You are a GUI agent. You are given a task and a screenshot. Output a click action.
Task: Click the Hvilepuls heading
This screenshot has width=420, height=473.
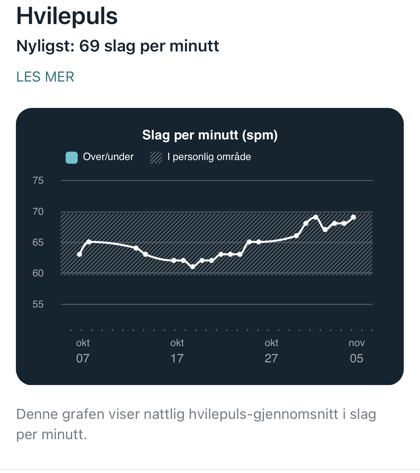[x=67, y=16]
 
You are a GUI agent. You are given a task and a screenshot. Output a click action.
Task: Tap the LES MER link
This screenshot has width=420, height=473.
[x=45, y=77]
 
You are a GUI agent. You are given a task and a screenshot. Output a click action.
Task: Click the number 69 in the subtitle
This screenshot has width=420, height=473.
[x=89, y=46]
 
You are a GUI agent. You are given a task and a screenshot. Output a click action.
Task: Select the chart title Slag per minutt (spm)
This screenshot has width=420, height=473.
[x=210, y=135]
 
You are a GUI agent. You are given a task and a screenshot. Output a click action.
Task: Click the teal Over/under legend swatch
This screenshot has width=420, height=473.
[x=72, y=158]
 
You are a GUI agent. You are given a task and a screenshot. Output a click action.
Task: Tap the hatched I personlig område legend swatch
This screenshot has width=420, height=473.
[x=156, y=157]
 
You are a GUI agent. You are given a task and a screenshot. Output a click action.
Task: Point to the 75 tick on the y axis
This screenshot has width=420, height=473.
[x=38, y=181]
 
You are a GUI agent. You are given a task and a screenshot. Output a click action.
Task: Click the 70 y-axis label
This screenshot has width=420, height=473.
[x=38, y=212]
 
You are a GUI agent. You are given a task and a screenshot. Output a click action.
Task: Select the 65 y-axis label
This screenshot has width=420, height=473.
[x=38, y=243]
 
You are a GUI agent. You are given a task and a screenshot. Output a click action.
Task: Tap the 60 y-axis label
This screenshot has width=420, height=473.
[x=38, y=273]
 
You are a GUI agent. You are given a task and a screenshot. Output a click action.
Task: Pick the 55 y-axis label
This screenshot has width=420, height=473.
[x=38, y=305]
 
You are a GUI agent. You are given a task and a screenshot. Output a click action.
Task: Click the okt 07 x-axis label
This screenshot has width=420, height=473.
[x=83, y=351]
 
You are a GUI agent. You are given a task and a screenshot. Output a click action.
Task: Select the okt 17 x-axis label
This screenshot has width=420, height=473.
[x=177, y=351]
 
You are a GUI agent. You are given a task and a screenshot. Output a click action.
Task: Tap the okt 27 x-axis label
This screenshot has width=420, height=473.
[x=271, y=351]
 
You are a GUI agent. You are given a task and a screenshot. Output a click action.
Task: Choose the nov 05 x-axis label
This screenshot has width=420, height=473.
[x=357, y=351]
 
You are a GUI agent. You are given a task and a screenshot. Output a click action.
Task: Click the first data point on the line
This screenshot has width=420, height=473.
[x=80, y=254]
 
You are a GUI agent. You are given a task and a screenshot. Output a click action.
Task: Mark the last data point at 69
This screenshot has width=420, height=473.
[x=354, y=217]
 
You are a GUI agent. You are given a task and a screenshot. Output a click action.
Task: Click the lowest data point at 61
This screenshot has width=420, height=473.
[x=193, y=267]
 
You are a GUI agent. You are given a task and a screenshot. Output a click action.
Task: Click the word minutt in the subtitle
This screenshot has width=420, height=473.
[x=194, y=46]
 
